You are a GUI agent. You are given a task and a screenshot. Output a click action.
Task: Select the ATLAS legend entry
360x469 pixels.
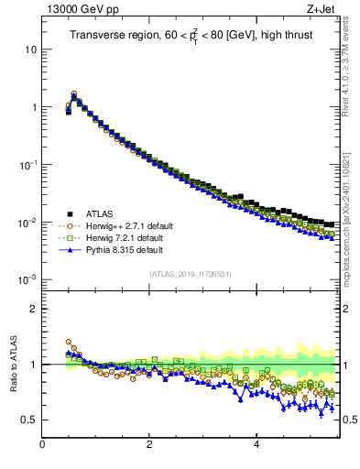[x=99, y=213]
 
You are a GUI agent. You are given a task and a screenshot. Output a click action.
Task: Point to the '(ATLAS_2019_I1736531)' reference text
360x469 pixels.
[x=190, y=274]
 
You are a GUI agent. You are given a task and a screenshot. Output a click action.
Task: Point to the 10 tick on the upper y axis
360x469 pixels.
[x=30, y=49]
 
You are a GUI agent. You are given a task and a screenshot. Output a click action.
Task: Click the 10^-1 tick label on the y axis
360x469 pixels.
[x=27, y=165]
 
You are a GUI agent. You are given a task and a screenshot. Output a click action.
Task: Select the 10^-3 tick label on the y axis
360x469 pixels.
[x=27, y=280]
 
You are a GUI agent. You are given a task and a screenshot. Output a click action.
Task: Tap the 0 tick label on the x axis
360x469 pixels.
[x=42, y=445]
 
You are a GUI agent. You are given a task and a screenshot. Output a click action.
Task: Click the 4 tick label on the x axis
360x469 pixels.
[x=256, y=445]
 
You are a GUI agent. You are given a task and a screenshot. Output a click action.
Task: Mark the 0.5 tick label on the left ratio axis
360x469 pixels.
[x=28, y=420]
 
